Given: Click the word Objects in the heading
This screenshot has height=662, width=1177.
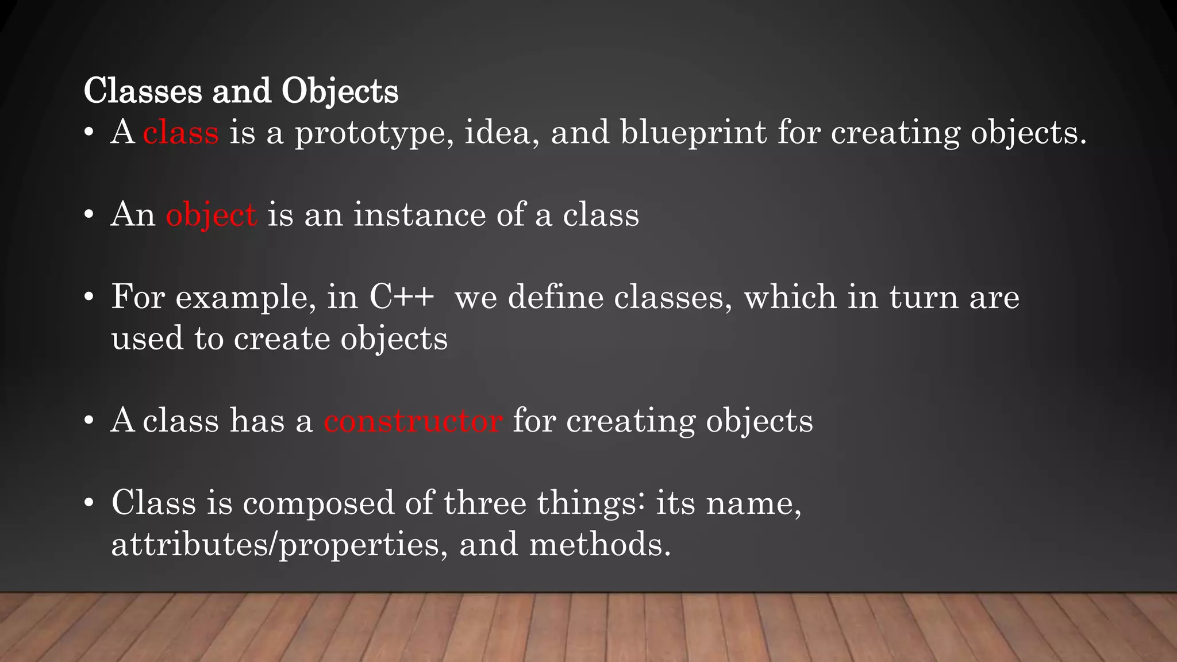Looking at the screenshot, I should pos(340,91).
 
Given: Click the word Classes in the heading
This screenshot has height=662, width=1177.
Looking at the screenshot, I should pos(143,91).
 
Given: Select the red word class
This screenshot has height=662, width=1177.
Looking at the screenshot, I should pos(180,132).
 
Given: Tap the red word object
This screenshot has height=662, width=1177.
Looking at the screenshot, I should pos(211,215).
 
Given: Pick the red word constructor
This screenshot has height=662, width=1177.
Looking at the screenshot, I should pos(413,421).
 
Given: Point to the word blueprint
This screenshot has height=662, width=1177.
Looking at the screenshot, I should pos(693,133).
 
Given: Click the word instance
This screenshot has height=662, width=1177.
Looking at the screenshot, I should pos(420,215).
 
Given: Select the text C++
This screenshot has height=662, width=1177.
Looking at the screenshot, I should pos(402,297).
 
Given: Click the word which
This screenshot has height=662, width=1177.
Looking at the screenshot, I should pos(790,297).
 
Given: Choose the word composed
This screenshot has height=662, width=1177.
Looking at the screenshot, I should pos(318,504).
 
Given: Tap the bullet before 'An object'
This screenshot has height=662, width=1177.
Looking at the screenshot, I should pos(89,215).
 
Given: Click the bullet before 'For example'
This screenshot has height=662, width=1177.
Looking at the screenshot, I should pos(89,298).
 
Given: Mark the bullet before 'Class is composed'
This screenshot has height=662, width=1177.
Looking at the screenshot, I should pos(89,503).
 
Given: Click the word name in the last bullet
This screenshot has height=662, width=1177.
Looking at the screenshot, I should pos(753,503).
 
